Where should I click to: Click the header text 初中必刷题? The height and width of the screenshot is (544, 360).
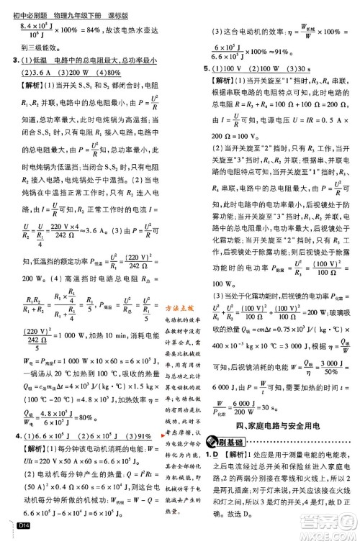coord(22,6)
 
